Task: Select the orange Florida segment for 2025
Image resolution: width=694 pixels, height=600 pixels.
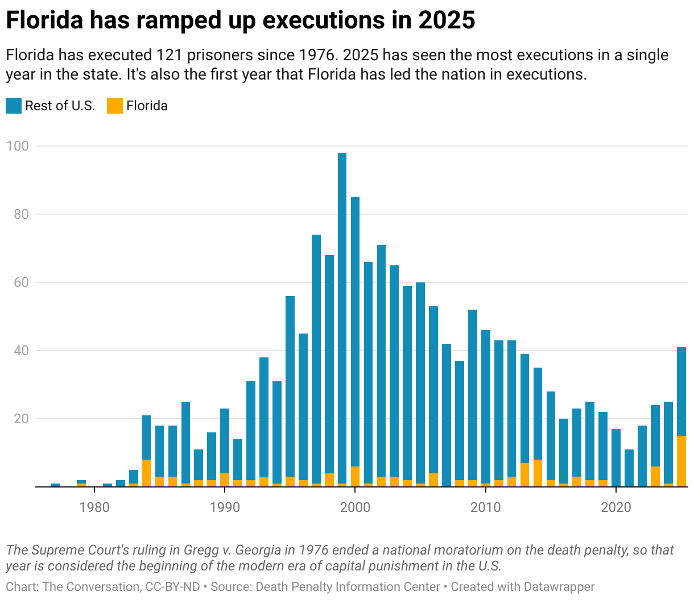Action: (681, 461)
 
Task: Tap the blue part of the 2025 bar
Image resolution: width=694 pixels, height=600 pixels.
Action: (681, 391)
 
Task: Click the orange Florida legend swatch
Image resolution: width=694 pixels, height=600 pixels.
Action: (115, 106)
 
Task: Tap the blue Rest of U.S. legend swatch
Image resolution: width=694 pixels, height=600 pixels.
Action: (14, 106)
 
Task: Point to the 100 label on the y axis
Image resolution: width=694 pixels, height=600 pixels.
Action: (17, 146)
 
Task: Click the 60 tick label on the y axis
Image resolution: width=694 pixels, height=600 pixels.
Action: (20, 282)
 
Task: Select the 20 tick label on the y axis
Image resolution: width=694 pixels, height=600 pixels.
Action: (20, 419)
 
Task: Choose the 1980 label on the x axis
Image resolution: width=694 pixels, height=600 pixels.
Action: (94, 507)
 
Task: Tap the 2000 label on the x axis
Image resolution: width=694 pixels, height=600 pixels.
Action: (355, 507)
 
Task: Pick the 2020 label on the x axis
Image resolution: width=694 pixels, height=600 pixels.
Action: (616, 507)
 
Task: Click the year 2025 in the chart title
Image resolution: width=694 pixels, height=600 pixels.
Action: (447, 20)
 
